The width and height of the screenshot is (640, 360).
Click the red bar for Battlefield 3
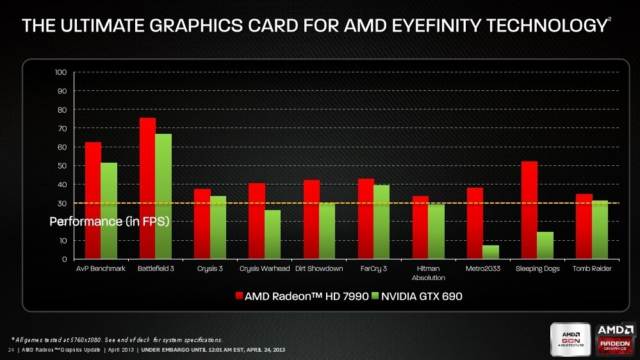pyautogui.click(x=147, y=188)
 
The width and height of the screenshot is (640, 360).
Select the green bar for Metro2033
pyautogui.click(x=491, y=252)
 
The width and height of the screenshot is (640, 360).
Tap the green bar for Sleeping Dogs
pyautogui.click(x=545, y=245)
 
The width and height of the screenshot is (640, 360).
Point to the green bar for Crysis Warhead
pyautogui.click(x=272, y=234)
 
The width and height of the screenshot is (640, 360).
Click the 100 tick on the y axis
pyautogui.click(x=60, y=72)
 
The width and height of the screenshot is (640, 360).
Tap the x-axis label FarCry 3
pyautogui.click(x=373, y=268)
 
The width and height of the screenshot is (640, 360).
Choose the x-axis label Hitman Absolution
pyautogui.click(x=429, y=273)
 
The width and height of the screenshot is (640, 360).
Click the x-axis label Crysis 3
pyautogui.click(x=210, y=268)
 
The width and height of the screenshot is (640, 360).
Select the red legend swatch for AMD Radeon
pyautogui.click(x=240, y=296)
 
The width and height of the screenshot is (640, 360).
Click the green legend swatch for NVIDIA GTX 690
pyautogui.click(x=376, y=296)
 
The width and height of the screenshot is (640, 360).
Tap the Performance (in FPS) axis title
pyautogui.click(x=109, y=222)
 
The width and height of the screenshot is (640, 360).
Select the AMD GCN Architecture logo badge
pyautogui.click(x=571, y=339)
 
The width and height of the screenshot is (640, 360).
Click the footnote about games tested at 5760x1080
pyautogui.click(x=117, y=339)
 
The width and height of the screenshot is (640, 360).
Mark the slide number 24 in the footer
pyautogui.click(x=11, y=350)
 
